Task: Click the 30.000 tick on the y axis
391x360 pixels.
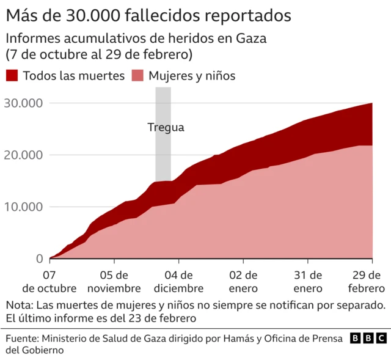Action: point(24,103)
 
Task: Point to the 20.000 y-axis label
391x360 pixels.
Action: point(24,155)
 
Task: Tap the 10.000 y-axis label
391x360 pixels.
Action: point(24,207)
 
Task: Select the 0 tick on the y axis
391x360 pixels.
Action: point(38,259)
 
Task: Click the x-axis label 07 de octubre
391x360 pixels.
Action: point(49,281)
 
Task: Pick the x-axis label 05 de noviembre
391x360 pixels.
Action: point(114,281)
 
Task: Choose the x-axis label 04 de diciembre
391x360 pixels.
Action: point(178,281)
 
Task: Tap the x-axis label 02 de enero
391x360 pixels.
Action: point(243,281)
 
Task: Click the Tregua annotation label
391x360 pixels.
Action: point(166,128)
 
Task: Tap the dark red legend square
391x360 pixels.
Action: point(12,76)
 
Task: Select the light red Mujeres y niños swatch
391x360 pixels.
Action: point(138,76)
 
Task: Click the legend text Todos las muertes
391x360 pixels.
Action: point(73,76)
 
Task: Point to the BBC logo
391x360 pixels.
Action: point(368,338)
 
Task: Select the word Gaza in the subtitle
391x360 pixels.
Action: point(252,39)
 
